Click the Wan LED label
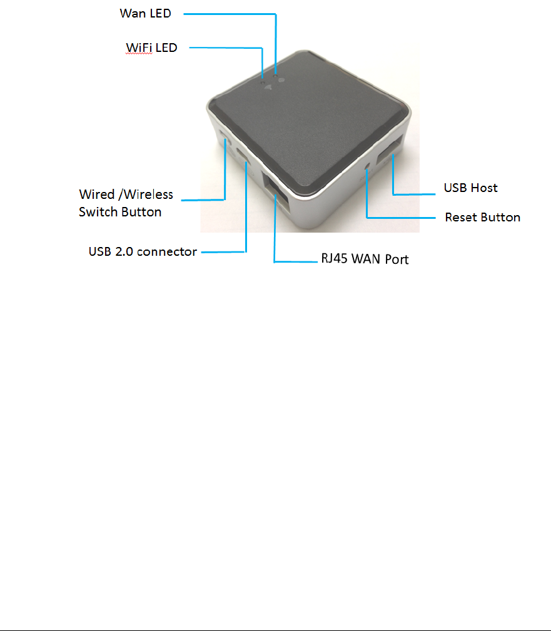click(145, 13)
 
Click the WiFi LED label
click(151, 48)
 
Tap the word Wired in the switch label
click(97, 194)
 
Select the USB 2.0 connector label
click(143, 252)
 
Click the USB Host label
click(470, 188)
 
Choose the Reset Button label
click(482, 218)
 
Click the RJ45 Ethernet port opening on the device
click(279, 194)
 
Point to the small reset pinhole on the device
click(368, 167)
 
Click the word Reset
click(460, 218)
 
